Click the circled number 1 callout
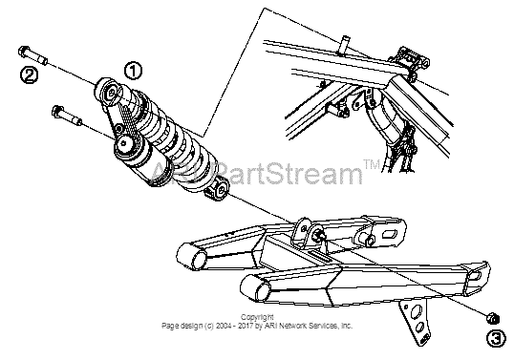[x=133, y=71]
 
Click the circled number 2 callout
[x=30, y=75]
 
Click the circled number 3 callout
[x=496, y=338]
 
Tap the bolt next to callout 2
[x=33, y=56]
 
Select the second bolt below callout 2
[x=67, y=116]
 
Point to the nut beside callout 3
[x=493, y=318]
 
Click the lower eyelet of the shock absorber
[x=217, y=190]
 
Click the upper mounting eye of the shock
[x=108, y=92]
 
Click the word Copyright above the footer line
[x=257, y=317]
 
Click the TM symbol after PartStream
[x=372, y=165]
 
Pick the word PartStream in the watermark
[x=289, y=172]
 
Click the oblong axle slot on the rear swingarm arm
[x=390, y=234]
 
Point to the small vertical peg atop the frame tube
[x=344, y=46]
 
